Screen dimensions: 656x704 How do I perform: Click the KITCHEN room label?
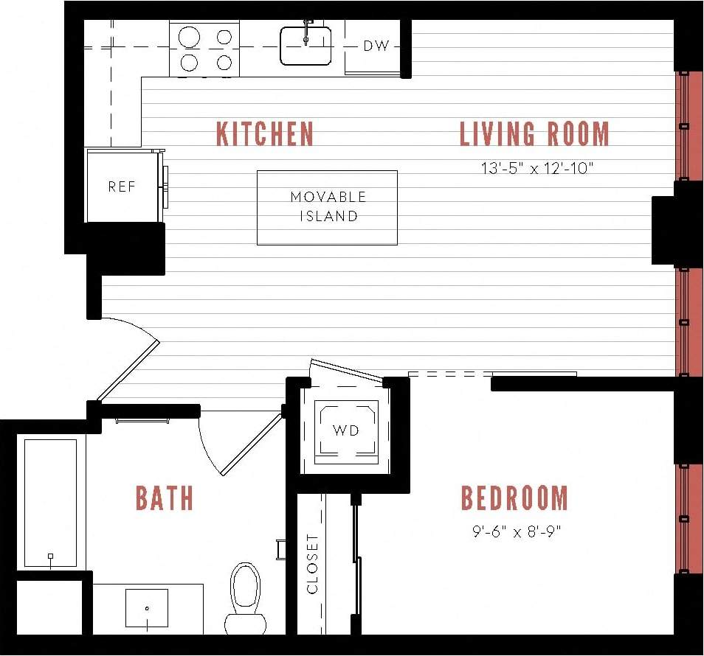(x=265, y=134)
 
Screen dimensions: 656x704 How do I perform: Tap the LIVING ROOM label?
(x=534, y=134)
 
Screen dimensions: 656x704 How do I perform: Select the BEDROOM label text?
(x=514, y=498)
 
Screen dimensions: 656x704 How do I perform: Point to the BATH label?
(x=165, y=498)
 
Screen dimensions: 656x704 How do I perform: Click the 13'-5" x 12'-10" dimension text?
(x=537, y=168)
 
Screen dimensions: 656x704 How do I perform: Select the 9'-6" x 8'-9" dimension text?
(x=517, y=531)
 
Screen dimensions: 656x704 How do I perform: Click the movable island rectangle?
(x=327, y=207)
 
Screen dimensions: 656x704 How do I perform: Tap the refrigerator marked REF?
(x=122, y=186)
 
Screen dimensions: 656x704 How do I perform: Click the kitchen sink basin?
(x=306, y=46)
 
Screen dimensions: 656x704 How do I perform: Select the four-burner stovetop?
(x=204, y=49)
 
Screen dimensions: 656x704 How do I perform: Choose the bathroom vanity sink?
(x=147, y=607)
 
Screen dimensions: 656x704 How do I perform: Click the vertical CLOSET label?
(x=312, y=564)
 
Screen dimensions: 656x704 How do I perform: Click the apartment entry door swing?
(x=129, y=354)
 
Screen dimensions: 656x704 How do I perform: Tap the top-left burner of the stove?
(x=190, y=36)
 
